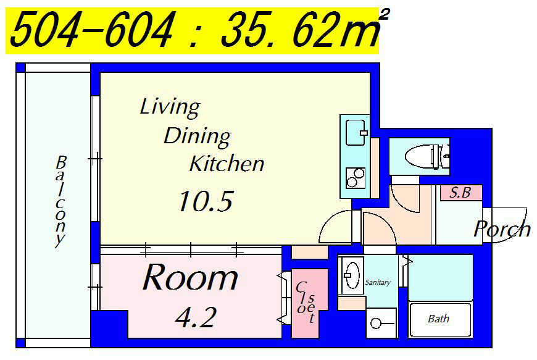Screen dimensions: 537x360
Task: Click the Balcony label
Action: click(60, 201)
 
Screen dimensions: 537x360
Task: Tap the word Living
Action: click(170, 107)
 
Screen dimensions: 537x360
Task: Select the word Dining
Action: click(198, 136)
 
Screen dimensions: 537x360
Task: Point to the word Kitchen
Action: click(227, 164)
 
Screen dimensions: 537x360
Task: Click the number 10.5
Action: click(206, 201)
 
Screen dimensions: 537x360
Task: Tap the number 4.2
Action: click(196, 317)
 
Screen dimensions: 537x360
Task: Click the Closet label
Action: click(305, 302)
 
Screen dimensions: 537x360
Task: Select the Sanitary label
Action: click(378, 282)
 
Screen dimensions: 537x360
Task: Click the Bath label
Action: click(438, 319)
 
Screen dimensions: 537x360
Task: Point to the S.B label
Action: click(460, 193)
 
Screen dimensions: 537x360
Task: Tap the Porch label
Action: click(502, 228)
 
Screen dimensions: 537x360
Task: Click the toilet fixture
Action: click(427, 157)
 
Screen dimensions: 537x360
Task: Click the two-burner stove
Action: click(355, 178)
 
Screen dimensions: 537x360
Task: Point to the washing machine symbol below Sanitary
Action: click(381, 323)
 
